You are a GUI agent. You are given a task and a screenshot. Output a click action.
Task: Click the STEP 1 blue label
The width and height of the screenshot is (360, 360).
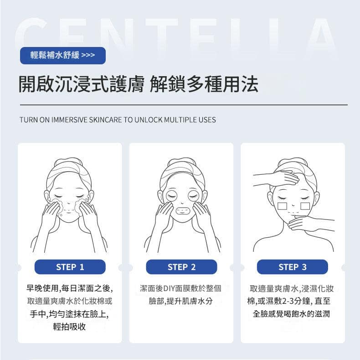(x=70, y=267)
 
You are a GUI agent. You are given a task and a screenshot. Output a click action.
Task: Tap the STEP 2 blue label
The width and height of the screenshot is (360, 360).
(x=181, y=267)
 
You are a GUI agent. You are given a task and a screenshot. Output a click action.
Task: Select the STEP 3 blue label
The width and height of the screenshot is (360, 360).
(x=293, y=267)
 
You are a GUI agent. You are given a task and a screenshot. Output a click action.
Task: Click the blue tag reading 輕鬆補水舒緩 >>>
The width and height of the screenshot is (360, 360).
(x=63, y=55)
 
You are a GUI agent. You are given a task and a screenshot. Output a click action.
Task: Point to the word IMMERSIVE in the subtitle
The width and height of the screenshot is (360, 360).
(x=69, y=120)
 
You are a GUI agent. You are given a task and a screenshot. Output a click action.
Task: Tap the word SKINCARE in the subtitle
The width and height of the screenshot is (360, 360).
(x=105, y=120)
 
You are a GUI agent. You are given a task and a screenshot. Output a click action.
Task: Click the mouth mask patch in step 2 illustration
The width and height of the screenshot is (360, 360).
(x=182, y=210)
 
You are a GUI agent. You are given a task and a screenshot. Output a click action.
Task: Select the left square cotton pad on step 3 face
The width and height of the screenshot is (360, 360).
(x=282, y=206)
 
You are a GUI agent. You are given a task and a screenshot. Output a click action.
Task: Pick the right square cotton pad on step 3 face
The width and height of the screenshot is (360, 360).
(x=305, y=206)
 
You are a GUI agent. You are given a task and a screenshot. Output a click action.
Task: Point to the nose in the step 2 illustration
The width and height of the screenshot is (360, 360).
(x=182, y=203)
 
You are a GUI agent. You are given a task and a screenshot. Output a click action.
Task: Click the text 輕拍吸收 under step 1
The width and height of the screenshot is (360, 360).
(x=69, y=326)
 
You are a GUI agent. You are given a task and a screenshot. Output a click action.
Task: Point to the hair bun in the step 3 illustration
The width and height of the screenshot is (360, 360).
(x=293, y=162)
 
